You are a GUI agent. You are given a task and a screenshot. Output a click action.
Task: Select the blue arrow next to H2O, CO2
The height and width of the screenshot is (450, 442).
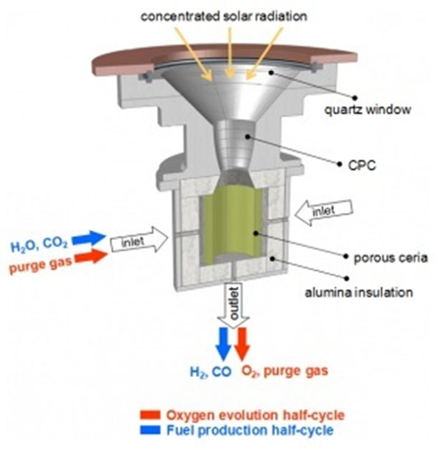pos(89,238)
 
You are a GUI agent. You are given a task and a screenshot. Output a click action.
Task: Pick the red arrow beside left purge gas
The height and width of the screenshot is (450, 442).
pos(89,258)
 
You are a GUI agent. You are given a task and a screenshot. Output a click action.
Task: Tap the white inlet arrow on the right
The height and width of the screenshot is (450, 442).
pos(323,211)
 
